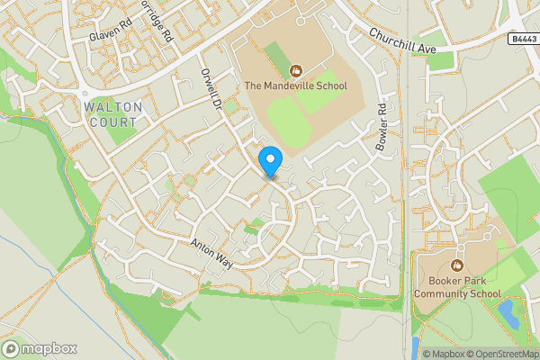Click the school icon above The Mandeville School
point(294,69)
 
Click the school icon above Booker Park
point(456,265)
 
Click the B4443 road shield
point(522,39)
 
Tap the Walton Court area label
point(113,113)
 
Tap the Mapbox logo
point(40,348)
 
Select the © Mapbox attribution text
point(444,353)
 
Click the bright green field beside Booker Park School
point(508,274)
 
